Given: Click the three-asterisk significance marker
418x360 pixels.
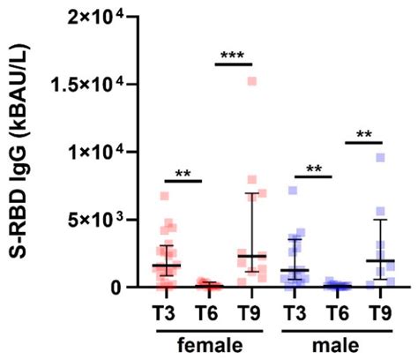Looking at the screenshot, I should pyautogui.click(x=233, y=56).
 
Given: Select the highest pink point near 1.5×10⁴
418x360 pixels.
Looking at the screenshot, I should pyautogui.click(x=251, y=81).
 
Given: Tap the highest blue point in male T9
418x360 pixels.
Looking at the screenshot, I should pyautogui.click(x=381, y=158).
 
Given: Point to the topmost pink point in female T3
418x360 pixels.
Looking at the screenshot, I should pyautogui.click(x=164, y=196).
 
